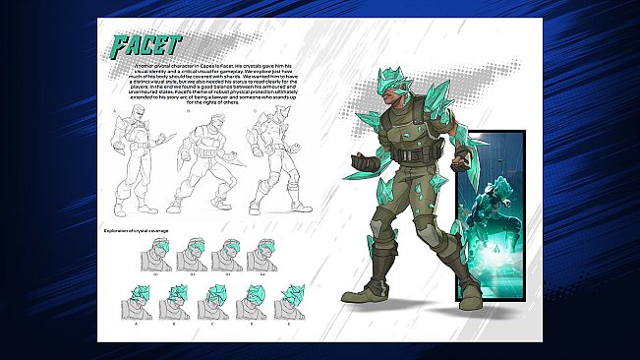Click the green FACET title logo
pos(145,45)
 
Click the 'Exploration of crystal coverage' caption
pos(147,231)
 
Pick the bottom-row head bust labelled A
pos(144,299)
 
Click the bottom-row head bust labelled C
pos(216,299)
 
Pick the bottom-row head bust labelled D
pos(254,299)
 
